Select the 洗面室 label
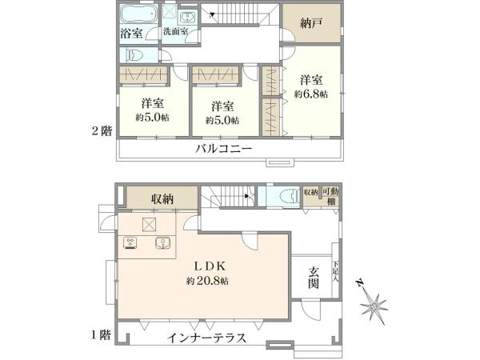point(175,32)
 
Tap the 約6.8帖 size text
point(311,93)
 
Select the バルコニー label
point(223,150)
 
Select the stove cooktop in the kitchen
point(131,243)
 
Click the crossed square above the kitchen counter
point(149,224)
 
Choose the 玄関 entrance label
point(314,278)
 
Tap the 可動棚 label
point(330,195)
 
